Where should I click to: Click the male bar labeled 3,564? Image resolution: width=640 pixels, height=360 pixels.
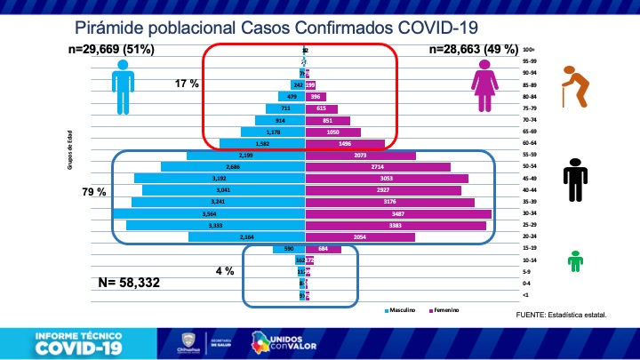pos(210,214)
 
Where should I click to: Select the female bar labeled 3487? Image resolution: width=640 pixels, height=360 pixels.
pos(398,214)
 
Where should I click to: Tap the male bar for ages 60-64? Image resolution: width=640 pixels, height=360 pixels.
pos(263,142)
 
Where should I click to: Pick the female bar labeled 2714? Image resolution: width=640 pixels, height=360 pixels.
pos(378,166)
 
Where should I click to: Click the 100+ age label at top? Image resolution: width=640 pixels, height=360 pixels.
pos(528,50)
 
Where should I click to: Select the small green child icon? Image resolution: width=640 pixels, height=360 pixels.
pos(576,260)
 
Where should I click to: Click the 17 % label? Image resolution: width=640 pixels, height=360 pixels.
pos(187,83)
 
